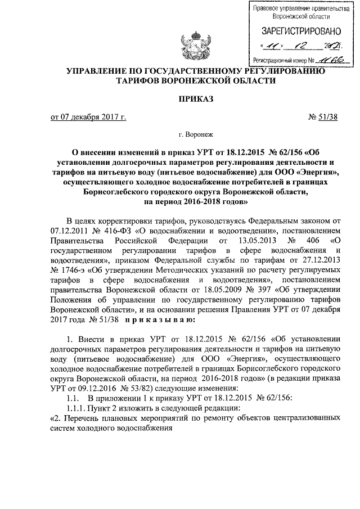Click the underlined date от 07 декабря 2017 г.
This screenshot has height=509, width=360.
(88, 117)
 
